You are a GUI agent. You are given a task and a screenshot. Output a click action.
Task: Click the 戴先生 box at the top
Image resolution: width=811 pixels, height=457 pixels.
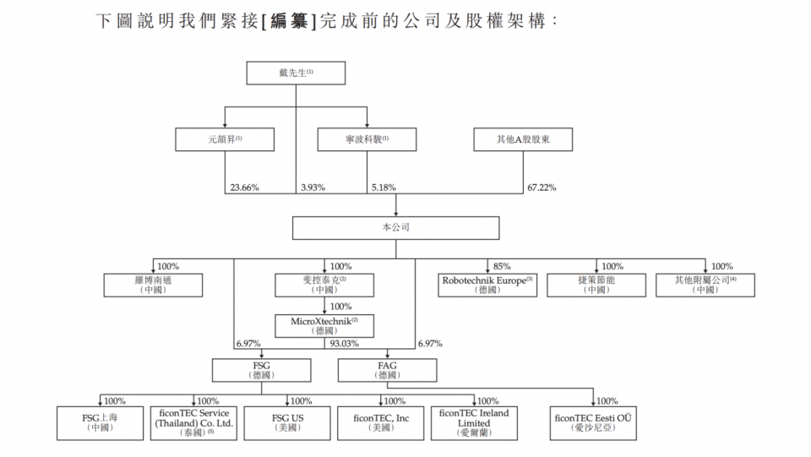pyautogui.click(x=296, y=73)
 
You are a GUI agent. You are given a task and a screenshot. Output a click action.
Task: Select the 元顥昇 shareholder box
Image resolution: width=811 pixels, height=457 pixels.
pyautogui.click(x=224, y=139)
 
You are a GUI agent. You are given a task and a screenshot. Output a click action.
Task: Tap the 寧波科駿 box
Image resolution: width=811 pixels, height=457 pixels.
pyautogui.click(x=367, y=139)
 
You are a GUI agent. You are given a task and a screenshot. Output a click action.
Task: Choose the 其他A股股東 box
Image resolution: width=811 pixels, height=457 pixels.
pyautogui.click(x=523, y=139)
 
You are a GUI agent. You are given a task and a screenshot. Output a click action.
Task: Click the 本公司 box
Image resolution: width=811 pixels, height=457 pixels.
pyautogui.click(x=396, y=227)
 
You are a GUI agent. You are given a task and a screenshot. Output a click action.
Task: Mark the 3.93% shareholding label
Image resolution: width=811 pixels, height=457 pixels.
pyautogui.click(x=312, y=188)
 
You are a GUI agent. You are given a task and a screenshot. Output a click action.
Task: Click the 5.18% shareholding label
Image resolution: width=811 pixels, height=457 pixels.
pyautogui.click(x=383, y=188)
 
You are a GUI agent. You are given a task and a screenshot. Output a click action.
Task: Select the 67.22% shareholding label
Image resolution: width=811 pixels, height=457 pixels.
pyautogui.click(x=542, y=188)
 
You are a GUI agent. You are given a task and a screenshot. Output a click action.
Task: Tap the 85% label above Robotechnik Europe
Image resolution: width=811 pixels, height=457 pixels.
pyautogui.click(x=502, y=266)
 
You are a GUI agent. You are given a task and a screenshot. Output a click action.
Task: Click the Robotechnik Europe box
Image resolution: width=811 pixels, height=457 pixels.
pyautogui.click(x=486, y=285)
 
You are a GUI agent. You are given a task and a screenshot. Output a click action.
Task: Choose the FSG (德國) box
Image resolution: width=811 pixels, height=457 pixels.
pyautogui.click(x=259, y=369)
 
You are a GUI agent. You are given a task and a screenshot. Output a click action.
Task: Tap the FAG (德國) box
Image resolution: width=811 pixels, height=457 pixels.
pyautogui.click(x=387, y=369)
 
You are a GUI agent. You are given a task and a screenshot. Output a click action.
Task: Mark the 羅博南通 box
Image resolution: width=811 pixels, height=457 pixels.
pyautogui.click(x=153, y=285)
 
